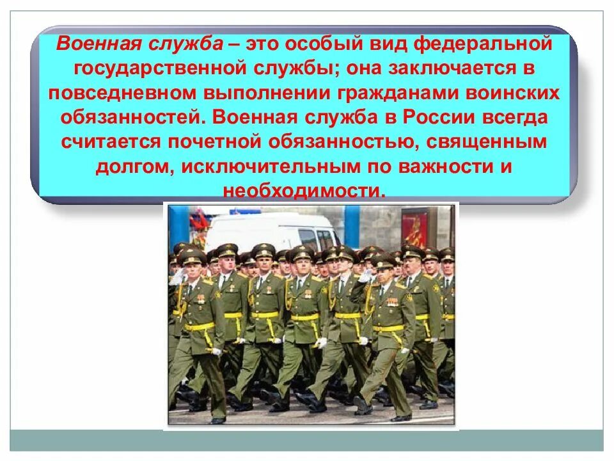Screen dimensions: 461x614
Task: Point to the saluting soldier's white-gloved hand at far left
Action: coord(177,277)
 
